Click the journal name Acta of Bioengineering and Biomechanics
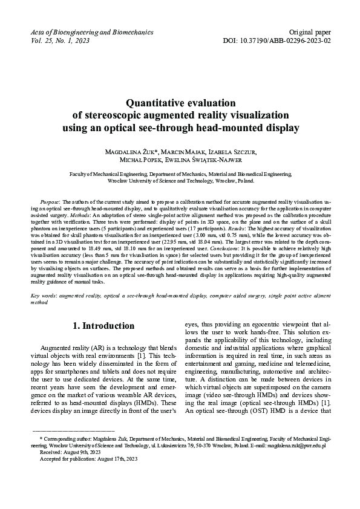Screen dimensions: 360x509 [x=91, y=31]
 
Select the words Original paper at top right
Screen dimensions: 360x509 [x=310, y=31]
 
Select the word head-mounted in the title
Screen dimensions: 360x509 [x=238, y=128]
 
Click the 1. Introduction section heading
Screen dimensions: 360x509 [x=103, y=326]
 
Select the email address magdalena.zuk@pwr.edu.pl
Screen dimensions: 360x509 [x=296, y=462]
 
